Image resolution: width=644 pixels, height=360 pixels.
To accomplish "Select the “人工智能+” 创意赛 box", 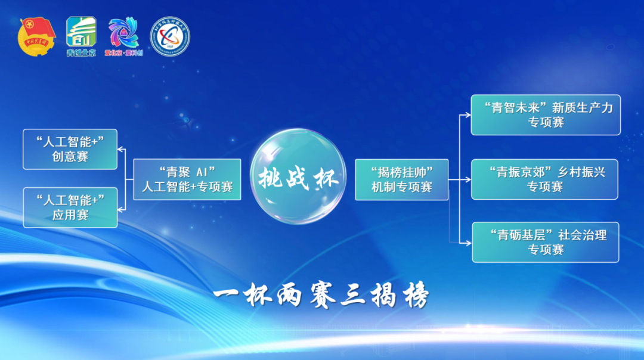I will (70, 149).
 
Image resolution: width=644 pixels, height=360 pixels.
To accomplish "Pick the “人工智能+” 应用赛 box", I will (70, 207).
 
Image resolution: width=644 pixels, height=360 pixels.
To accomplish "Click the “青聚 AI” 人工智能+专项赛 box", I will (187, 179).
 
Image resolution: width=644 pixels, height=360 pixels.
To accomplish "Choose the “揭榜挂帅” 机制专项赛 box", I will (401, 179).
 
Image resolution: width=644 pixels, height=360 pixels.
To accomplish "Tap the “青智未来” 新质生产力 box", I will (546, 114).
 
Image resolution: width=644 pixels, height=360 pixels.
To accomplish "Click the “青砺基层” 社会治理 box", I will (546, 242).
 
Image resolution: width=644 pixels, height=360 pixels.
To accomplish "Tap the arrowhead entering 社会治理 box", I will (469, 243).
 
